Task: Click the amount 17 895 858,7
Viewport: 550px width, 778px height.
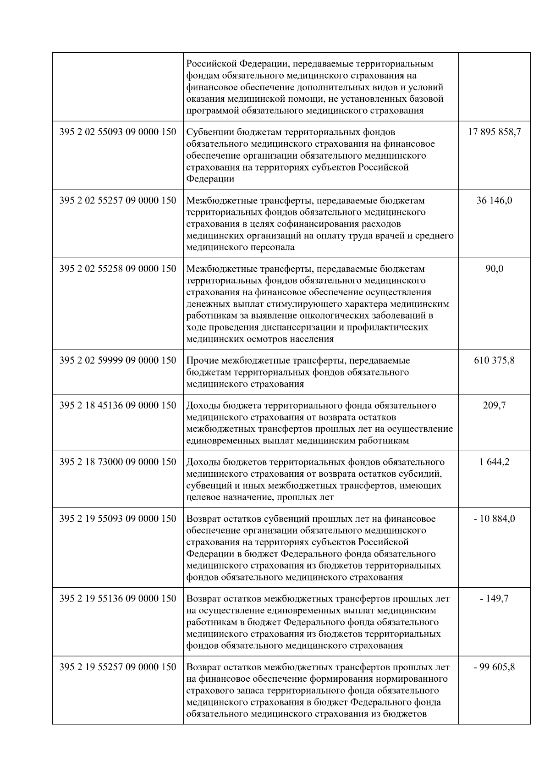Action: [x=494, y=132]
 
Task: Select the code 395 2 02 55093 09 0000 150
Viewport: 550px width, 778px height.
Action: [x=118, y=132]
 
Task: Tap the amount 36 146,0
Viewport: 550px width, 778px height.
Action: [x=494, y=200]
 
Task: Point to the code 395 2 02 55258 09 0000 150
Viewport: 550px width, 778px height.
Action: [x=118, y=269]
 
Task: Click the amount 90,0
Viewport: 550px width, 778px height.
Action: [x=494, y=269]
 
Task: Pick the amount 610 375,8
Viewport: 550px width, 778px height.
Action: [x=494, y=360]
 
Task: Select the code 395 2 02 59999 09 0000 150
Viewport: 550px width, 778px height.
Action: [x=118, y=360]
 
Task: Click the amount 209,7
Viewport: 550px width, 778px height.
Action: [x=494, y=405]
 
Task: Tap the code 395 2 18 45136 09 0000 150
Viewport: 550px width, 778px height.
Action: [x=118, y=405]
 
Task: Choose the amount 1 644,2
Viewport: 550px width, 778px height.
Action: [x=494, y=462]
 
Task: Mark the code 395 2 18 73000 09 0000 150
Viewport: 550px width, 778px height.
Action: [x=118, y=462]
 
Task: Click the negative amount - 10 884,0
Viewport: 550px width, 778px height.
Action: [x=494, y=519]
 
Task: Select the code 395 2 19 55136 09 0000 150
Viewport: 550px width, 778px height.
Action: [x=118, y=598]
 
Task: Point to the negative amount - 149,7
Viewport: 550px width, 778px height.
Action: [x=494, y=598]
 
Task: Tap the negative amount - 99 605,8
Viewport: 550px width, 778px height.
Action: [x=494, y=667]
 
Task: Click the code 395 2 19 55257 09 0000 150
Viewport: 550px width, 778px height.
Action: [x=118, y=667]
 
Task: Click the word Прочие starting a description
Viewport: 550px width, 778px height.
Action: [x=202, y=360]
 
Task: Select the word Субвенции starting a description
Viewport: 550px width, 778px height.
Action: [x=209, y=132]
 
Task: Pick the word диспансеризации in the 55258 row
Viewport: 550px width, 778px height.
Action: [x=289, y=327]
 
